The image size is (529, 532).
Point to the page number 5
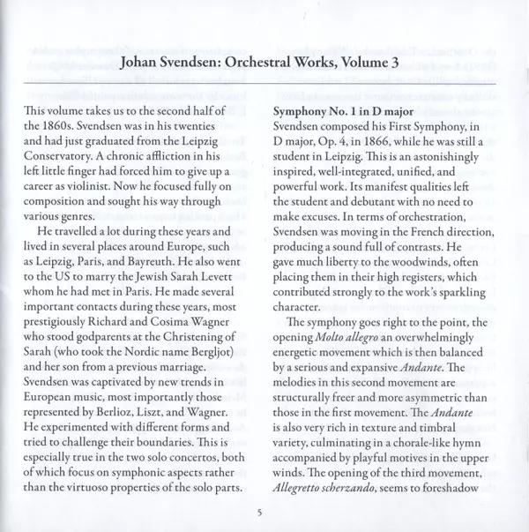(x=260, y=513)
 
